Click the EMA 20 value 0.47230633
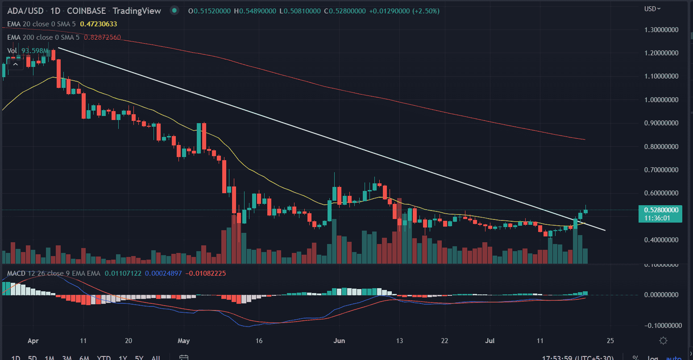coord(100,24)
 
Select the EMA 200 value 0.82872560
coord(101,37)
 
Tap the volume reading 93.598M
coord(34,51)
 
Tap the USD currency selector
coord(652,8)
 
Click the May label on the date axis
coord(183,341)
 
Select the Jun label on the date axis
coord(340,341)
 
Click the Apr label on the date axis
coord(32,341)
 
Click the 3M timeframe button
coord(67,357)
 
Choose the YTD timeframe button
coord(104,357)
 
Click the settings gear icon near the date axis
coord(663,341)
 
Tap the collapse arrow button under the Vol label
coord(15,65)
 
